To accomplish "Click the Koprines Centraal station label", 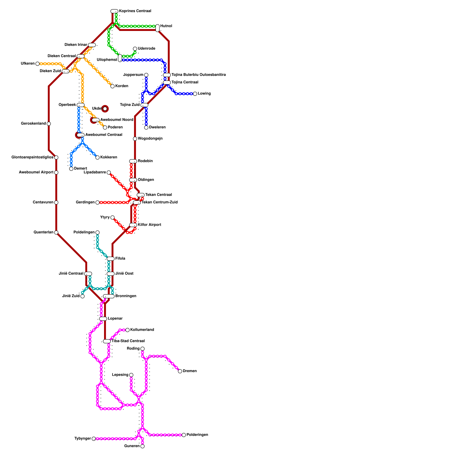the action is [x=135, y=11].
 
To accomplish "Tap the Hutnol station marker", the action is [x=157, y=28].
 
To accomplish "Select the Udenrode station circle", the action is [x=135, y=49].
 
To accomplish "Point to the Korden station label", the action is [x=121, y=86].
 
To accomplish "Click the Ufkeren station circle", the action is [x=37, y=64].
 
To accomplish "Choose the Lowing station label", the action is [x=204, y=94].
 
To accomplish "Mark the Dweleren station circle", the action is [x=146, y=128].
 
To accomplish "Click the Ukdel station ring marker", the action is [x=105, y=109].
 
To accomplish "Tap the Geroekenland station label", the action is [x=33, y=124].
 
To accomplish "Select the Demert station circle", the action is [x=71, y=169].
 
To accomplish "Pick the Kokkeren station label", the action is [x=109, y=157].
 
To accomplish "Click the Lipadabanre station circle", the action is [x=109, y=172].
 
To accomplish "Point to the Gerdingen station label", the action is [x=85, y=202].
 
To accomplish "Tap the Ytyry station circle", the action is [x=112, y=217].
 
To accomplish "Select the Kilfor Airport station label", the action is [x=149, y=225].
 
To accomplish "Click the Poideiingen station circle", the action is [x=97, y=232].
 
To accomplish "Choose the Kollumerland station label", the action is [x=142, y=330].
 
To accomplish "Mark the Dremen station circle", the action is [x=180, y=371].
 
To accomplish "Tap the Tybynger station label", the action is [x=83, y=439].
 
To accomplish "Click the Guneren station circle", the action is [x=143, y=446].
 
